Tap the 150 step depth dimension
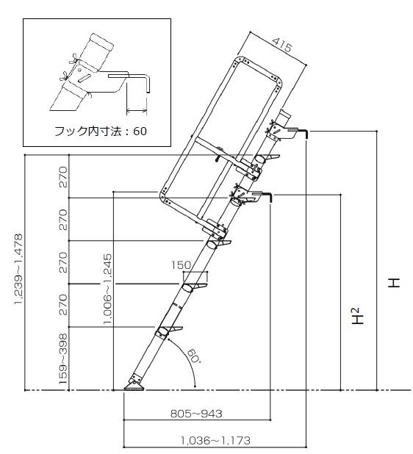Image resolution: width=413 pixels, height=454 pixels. pyautogui.click(x=181, y=265)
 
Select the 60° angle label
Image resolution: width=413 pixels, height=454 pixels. pyautogui.click(x=193, y=356)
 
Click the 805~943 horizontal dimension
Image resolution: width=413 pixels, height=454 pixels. pyautogui.click(x=196, y=414)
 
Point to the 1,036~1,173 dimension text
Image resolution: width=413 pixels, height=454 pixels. pyautogui.click(x=215, y=440)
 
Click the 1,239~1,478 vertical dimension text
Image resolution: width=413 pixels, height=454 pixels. pyautogui.click(x=18, y=269)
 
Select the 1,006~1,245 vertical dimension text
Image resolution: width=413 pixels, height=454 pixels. pyautogui.click(x=107, y=289)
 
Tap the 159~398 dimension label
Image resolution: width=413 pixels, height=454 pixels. pyautogui.click(x=62, y=358)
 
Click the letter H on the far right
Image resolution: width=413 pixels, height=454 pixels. pyautogui.click(x=394, y=283)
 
